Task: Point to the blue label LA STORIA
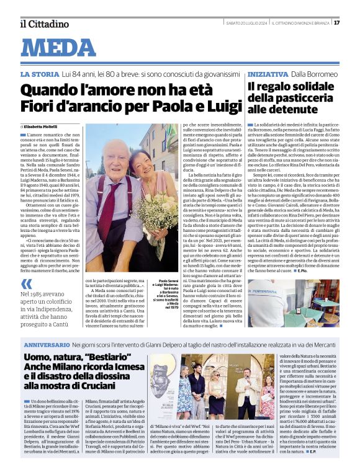[40, 74]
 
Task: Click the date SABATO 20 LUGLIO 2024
[245, 24]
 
